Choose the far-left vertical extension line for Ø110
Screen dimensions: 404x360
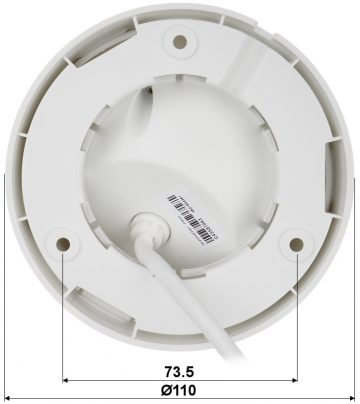pyautogui.click(x=5, y=300)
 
